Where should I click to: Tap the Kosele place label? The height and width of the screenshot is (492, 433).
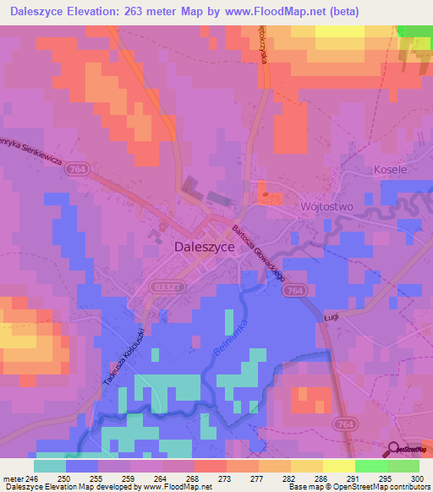(390, 169)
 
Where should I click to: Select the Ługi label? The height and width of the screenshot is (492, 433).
(332, 316)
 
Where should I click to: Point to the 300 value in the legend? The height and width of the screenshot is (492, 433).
(417, 478)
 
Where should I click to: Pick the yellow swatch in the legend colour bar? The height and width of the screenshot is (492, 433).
(337, 465)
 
